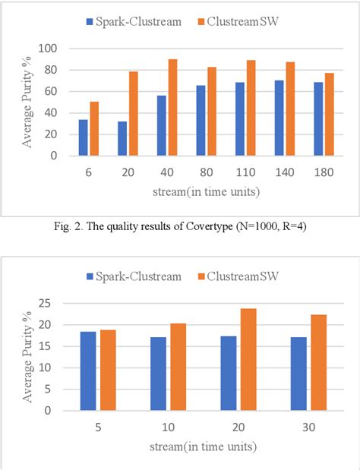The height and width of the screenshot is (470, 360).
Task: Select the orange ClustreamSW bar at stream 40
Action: point(172,107)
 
